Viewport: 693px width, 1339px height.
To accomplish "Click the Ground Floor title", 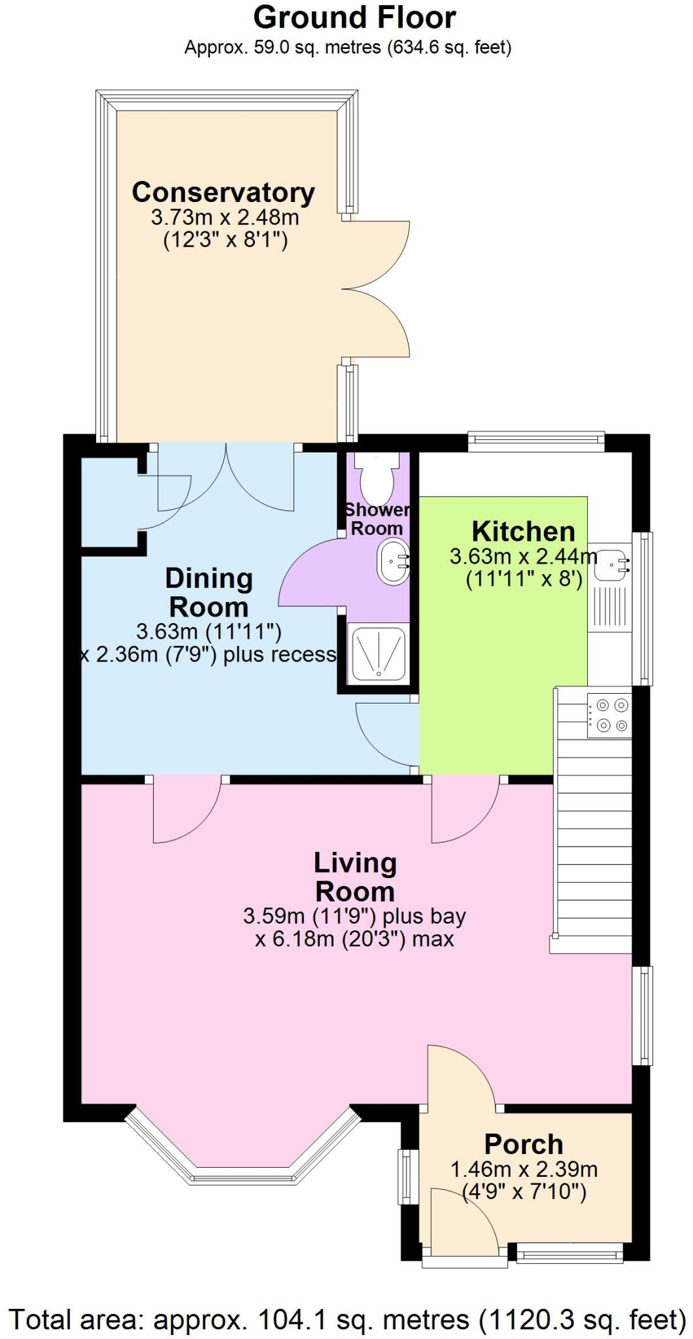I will pyautogui.click(x=354, y=18).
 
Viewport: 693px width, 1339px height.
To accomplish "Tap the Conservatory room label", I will pyautogui.click(x=224, y=192).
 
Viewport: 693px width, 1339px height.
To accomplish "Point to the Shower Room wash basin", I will pyautogui.click(x=392, y=562).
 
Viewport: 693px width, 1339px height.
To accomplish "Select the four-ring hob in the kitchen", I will pyautogui.click(x=609, y=715).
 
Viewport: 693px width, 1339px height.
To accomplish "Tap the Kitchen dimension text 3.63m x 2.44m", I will pyautogui.click(x=523, y=557).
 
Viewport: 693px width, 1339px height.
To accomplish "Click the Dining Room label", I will pyautogui.click(x=208, y=592).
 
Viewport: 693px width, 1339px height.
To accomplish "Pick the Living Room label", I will pyautogui.click(x=354, y=877).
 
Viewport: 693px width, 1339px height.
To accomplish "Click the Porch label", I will pyautogui.click(x=524, y=1144).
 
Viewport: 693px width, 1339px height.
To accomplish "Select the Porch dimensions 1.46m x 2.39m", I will pyautogui.click(x=524, y=1169).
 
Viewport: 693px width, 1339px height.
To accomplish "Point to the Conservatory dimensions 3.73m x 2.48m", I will pyautogui.click(x=225, y=217).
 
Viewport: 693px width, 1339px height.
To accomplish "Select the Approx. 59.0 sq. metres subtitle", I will pyautogui.click(x=347, y=47).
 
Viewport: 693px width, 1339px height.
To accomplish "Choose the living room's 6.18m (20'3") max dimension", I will pyautogui.click(x=354, y=940).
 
